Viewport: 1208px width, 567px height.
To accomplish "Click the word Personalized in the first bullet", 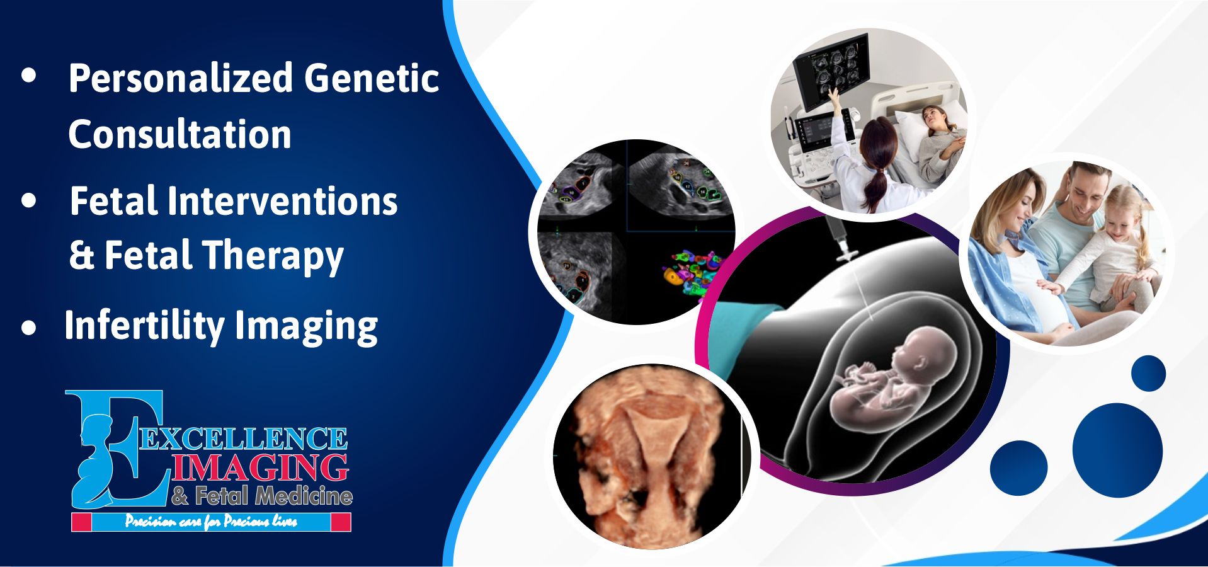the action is point(181,78).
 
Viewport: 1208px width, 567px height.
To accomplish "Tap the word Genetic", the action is point(371,78).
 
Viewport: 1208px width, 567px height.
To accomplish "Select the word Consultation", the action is point(179,134).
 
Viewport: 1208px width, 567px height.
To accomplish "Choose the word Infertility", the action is point(144,326).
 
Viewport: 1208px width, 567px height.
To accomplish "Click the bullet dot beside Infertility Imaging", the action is point(28,328).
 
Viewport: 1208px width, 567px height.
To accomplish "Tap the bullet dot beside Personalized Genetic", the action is point(28,75).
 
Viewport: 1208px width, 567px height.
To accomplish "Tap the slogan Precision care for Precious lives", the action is point(211,522).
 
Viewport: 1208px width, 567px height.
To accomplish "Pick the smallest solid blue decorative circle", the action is point(1148,373).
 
